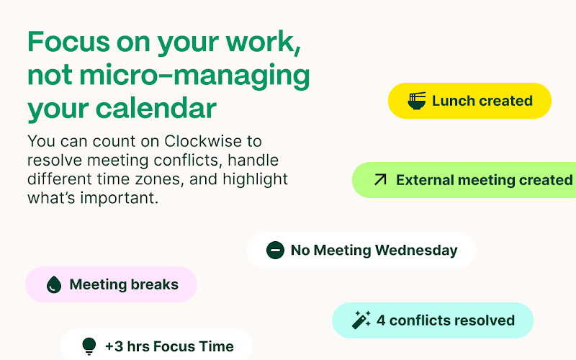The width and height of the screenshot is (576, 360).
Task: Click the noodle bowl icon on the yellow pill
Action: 417,101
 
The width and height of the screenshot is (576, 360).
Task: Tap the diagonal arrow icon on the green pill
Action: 380,179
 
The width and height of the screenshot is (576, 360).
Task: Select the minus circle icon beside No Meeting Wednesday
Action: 275,250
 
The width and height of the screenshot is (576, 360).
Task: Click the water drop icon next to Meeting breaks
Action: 54,284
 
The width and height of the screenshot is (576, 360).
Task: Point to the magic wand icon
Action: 361,320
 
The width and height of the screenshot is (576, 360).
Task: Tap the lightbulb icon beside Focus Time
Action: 89,346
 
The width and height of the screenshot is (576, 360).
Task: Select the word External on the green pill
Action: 425,180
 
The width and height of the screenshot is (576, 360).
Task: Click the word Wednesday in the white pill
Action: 416,250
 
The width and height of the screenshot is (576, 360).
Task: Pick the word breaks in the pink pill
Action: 155,284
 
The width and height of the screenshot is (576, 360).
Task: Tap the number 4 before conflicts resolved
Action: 381,320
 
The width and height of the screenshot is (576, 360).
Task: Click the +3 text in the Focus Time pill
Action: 114,346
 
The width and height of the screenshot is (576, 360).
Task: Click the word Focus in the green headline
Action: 68,42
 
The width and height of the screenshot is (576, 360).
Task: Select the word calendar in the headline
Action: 156,108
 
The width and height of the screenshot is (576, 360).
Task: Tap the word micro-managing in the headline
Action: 194,75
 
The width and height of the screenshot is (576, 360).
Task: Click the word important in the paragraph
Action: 120,198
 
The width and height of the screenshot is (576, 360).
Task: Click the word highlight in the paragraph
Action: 256,179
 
